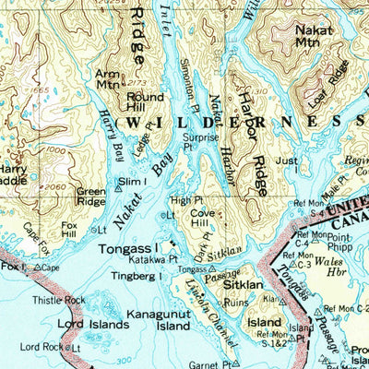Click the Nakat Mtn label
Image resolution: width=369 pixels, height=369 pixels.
point(314,36)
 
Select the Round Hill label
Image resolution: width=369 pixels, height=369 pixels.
point(145,101)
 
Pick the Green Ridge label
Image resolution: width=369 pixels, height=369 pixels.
point(90,195)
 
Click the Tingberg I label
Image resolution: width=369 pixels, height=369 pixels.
point(132,277)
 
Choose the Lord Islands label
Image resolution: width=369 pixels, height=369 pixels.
point(68,324)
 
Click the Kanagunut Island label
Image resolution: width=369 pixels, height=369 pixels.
point(161,319)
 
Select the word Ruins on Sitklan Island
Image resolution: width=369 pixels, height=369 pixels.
point(238,300)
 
